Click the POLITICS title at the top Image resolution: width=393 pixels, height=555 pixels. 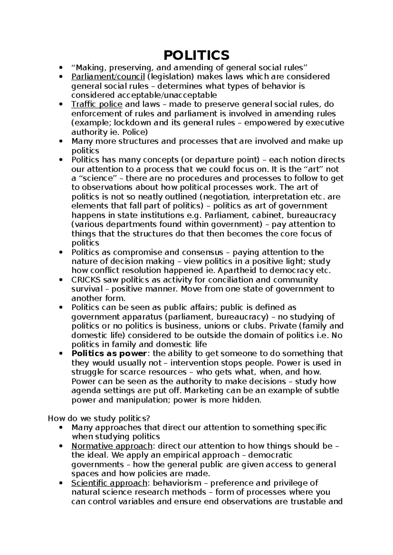tap(196, 55)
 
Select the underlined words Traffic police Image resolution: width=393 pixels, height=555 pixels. tap(97, 104)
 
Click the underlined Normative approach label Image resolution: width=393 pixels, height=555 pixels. tap(112, 446)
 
